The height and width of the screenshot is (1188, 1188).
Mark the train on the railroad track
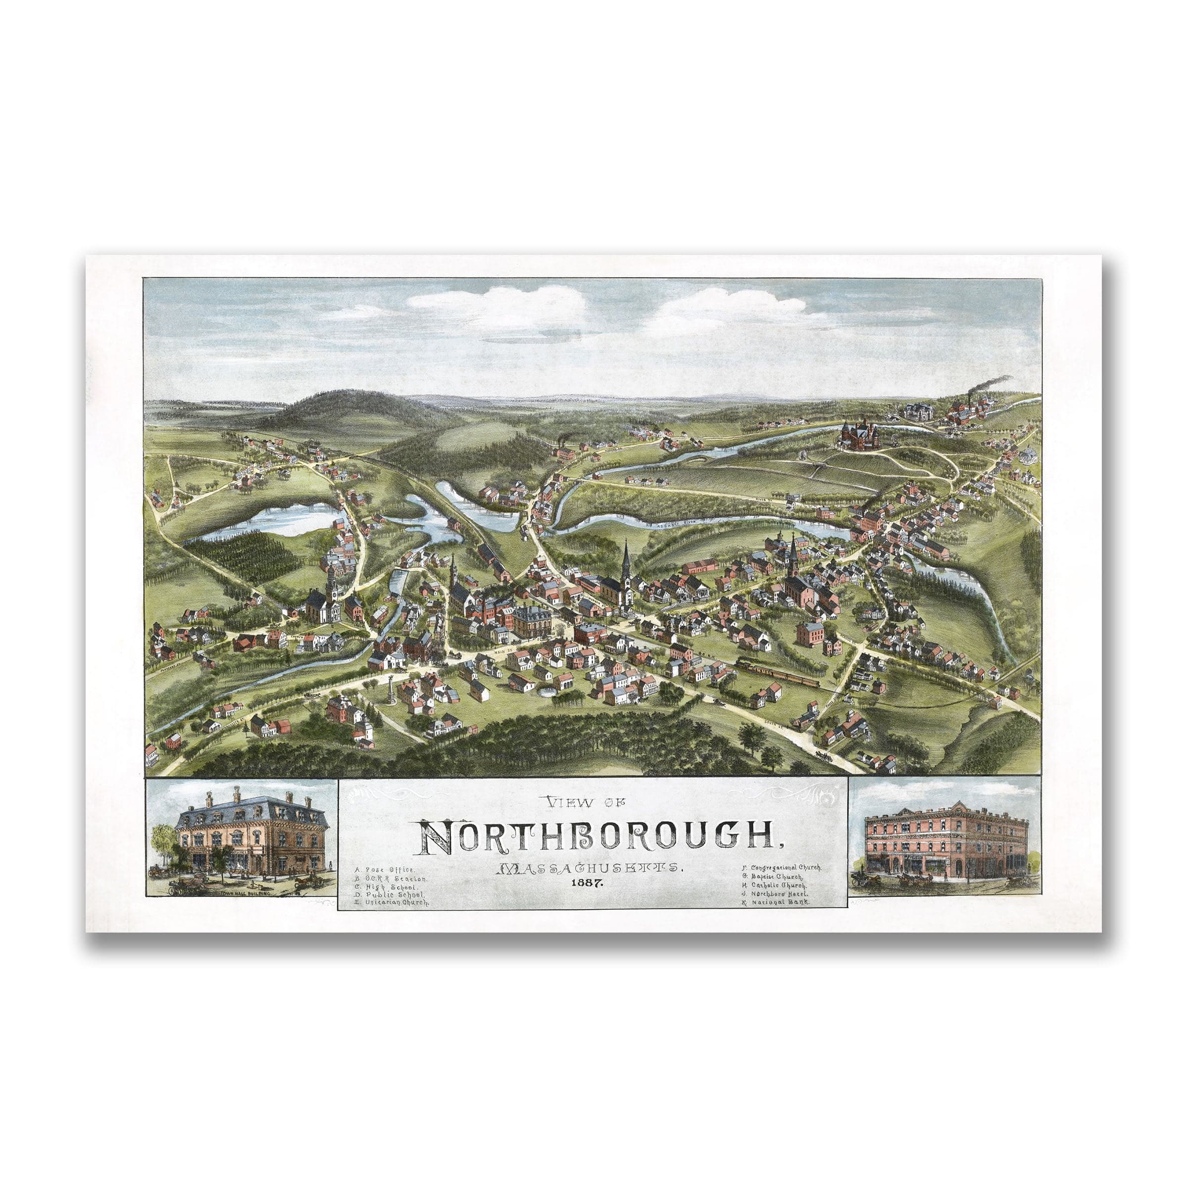click(x=778, y=672)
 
